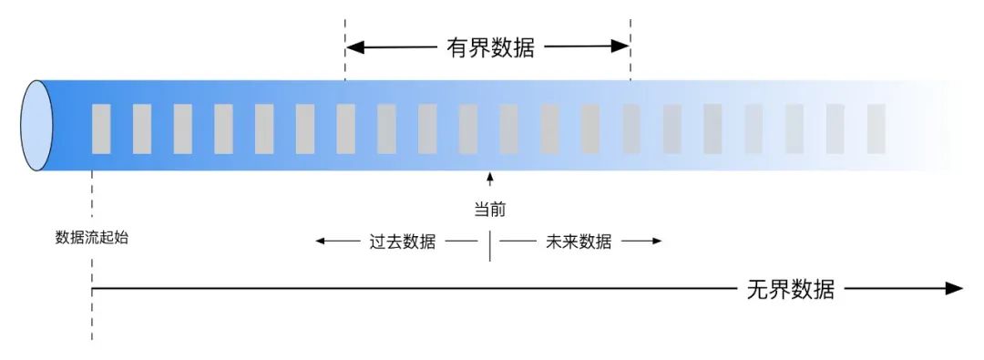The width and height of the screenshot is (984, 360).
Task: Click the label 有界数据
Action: [489, 47]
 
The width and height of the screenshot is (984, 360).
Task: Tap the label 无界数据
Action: [790, 290]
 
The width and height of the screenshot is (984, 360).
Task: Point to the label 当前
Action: [489, 210]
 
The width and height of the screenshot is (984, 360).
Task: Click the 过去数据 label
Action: [402, 242]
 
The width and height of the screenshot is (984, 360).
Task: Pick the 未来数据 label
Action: [579, 242]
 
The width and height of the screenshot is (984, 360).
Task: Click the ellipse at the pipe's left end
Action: [37, 126]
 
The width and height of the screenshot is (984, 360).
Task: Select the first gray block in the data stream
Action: [101, 129]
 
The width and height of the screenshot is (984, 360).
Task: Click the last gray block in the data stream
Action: [876, 129]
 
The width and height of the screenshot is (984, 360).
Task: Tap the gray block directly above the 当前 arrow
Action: [468, 129]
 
